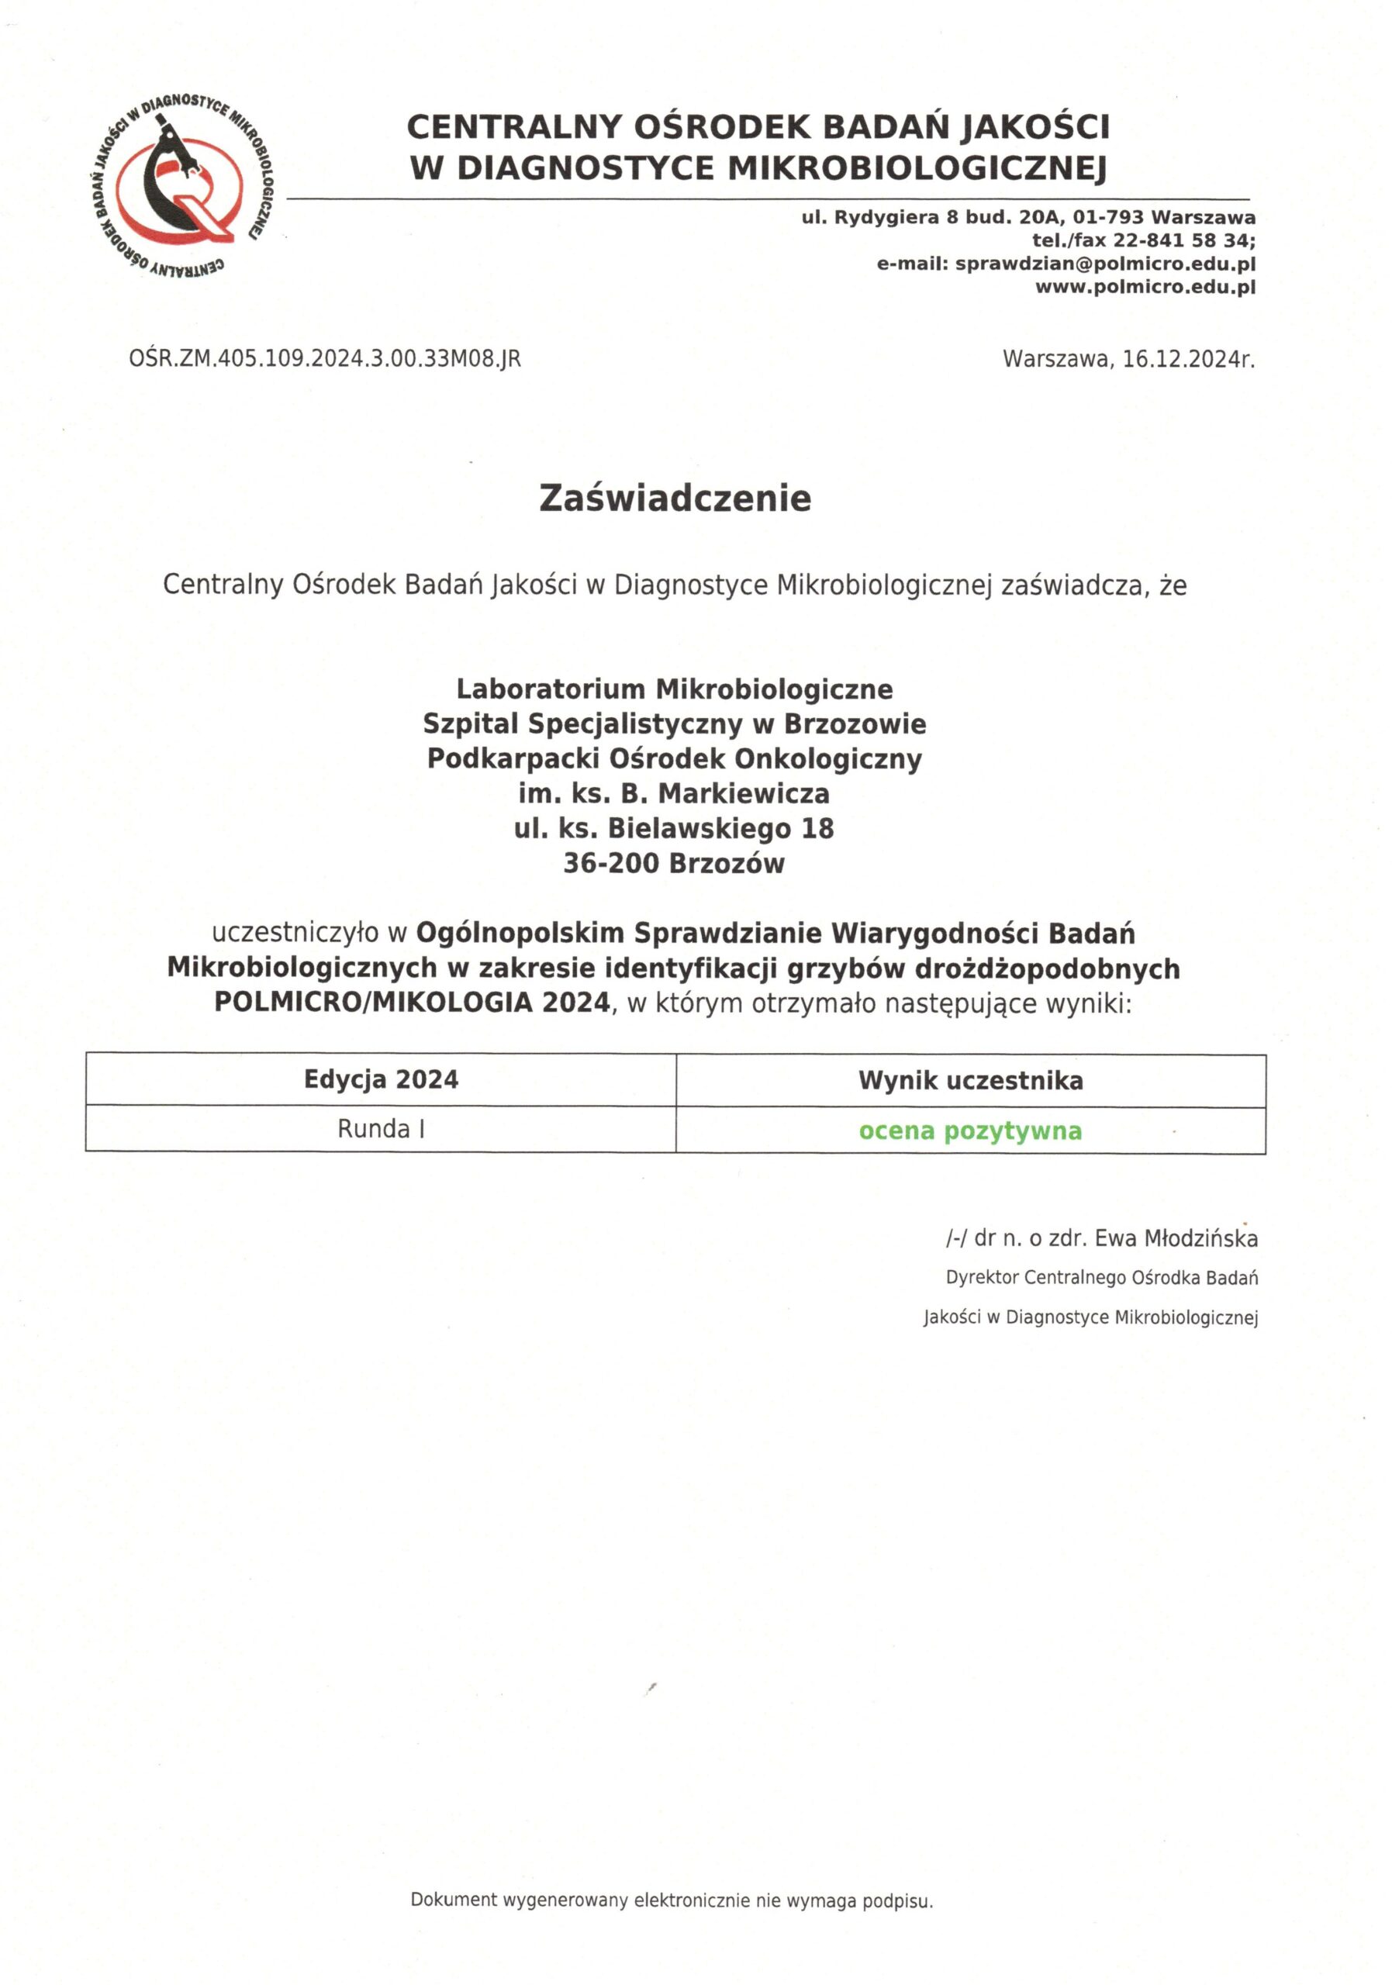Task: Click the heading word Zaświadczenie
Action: [x=675, y=499]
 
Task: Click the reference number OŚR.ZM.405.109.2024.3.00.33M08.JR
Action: [x=325, y=359]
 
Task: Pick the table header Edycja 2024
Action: [x=381, y=1080]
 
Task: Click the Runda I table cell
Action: [x=381, y=1129]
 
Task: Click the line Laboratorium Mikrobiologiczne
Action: [x=675, y=689]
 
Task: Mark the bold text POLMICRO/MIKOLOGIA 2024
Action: [x=413, y=1003]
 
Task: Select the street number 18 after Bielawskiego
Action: [x=817, y=828]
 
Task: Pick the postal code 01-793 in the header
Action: [x=1107, y=217]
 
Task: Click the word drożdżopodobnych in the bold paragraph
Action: [x=1047, y=969]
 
